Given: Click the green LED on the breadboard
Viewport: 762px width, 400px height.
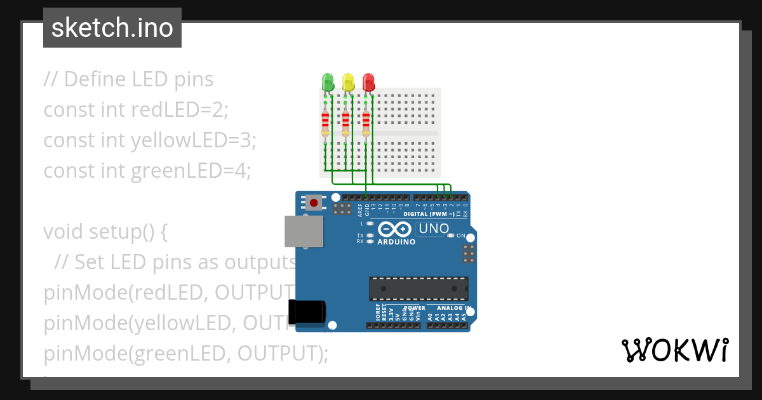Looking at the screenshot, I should [x=328, y=82].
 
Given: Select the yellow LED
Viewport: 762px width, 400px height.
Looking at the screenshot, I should [x=348, y=82].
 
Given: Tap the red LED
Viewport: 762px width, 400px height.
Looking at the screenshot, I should [x=368, y=82].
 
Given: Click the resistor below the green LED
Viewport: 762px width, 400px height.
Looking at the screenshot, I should [x=325, y=121].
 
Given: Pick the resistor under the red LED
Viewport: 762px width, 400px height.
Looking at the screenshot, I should [x=366, y=121].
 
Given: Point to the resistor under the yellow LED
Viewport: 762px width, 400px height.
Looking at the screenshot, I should [x=345, y=121].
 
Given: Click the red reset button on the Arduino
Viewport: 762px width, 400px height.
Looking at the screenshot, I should [x=314, y=203].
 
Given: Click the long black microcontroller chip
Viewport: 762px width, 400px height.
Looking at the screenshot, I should [x=419, y=288].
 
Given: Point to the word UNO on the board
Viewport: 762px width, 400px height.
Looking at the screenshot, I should [x=434, y=229].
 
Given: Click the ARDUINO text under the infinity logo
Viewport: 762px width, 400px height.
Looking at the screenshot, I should [x=396, y=242].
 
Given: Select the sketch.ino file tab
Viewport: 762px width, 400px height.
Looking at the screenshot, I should [x=112, y=28].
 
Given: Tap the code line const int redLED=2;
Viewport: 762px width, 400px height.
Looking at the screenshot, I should [x=135, y=110].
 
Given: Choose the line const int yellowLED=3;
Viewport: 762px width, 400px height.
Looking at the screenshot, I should [x=150, y=140].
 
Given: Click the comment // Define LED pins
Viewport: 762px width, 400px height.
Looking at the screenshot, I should [x=128, y=79].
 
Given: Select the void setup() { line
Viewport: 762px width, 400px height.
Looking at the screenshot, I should [x=105, y=232].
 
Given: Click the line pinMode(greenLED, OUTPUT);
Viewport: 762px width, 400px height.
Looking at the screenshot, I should [x=186, y=353].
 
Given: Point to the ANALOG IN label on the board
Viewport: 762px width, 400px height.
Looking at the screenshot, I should [x=453, y=308].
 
